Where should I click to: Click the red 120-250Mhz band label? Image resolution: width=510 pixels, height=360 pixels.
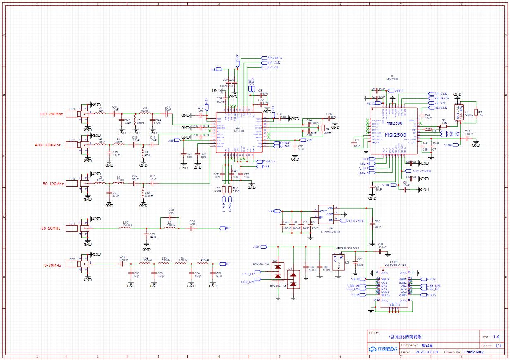point(51,114)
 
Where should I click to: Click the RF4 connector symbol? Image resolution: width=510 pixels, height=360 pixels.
point(78,228)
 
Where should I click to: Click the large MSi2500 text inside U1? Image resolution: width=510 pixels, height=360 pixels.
point(395,135)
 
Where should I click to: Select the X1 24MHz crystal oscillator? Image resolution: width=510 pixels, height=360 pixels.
point(457,113)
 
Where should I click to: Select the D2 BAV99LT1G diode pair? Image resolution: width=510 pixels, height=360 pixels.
point(278,272)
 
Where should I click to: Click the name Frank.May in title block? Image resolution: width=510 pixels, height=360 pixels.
point(473,352)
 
